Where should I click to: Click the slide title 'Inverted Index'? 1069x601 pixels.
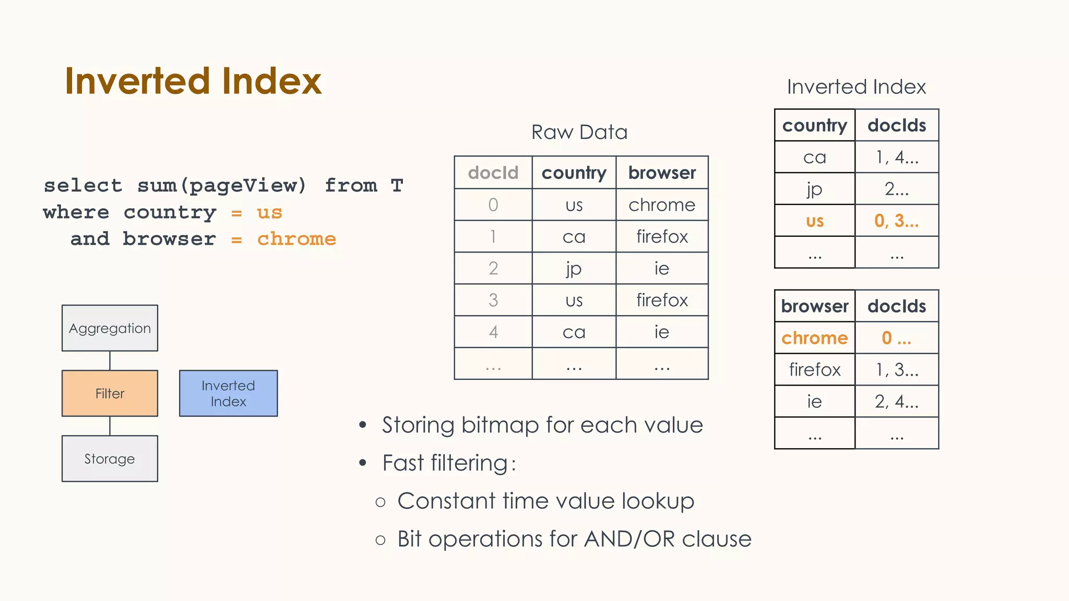[193, 81]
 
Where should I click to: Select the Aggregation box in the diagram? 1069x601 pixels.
[110, 328]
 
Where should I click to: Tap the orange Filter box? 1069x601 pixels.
[110, 393]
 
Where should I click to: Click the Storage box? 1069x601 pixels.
[110, 459]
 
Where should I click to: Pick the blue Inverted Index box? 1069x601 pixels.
[228, 393]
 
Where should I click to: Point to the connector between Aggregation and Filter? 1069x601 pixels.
[110, 360]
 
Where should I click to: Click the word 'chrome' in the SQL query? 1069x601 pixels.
[296, 239]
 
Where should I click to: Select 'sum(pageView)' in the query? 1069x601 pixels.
[222, 185]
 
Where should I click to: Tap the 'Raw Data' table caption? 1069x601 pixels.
[579, 132]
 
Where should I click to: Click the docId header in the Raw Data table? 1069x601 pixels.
[493, 173]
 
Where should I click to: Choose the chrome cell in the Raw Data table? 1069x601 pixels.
[662, 205]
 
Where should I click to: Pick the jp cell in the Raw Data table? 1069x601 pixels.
[574, 268]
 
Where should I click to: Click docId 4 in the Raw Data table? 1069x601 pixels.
[493, 332]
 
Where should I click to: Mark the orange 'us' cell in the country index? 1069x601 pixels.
[814, 221]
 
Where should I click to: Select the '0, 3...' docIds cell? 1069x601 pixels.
[896, 221]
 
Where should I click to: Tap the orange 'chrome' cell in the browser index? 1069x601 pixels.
[814, 338]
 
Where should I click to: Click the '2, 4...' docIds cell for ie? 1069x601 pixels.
[896, 401]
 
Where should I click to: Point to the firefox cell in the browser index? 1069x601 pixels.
[814, 369]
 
